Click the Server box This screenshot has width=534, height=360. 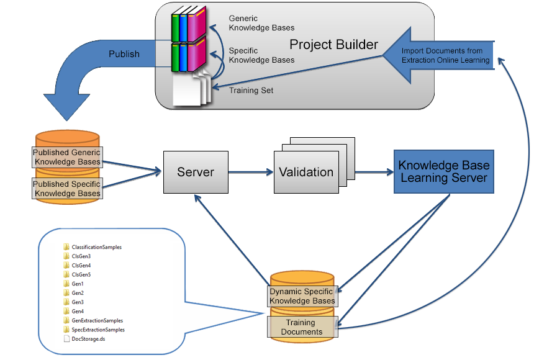[x=196, y=171]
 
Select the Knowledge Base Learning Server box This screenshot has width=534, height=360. [x=443, y=172]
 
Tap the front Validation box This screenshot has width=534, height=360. [x=305, y=173]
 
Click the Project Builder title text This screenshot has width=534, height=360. [x=333, y=45]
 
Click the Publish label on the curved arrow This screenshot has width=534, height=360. [x=124, y=54]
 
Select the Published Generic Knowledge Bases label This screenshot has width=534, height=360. [x=67, y=158]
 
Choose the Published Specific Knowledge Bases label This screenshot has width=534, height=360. [x=67, y=189]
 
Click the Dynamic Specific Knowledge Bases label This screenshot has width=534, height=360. [x=302, y=296]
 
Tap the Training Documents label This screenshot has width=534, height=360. [x=302, y=327]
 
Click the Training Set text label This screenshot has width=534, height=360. [x=251, y=91]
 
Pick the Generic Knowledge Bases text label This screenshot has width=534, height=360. [x=261, y=23]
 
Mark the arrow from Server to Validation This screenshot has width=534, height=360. [x=250, y=172]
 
